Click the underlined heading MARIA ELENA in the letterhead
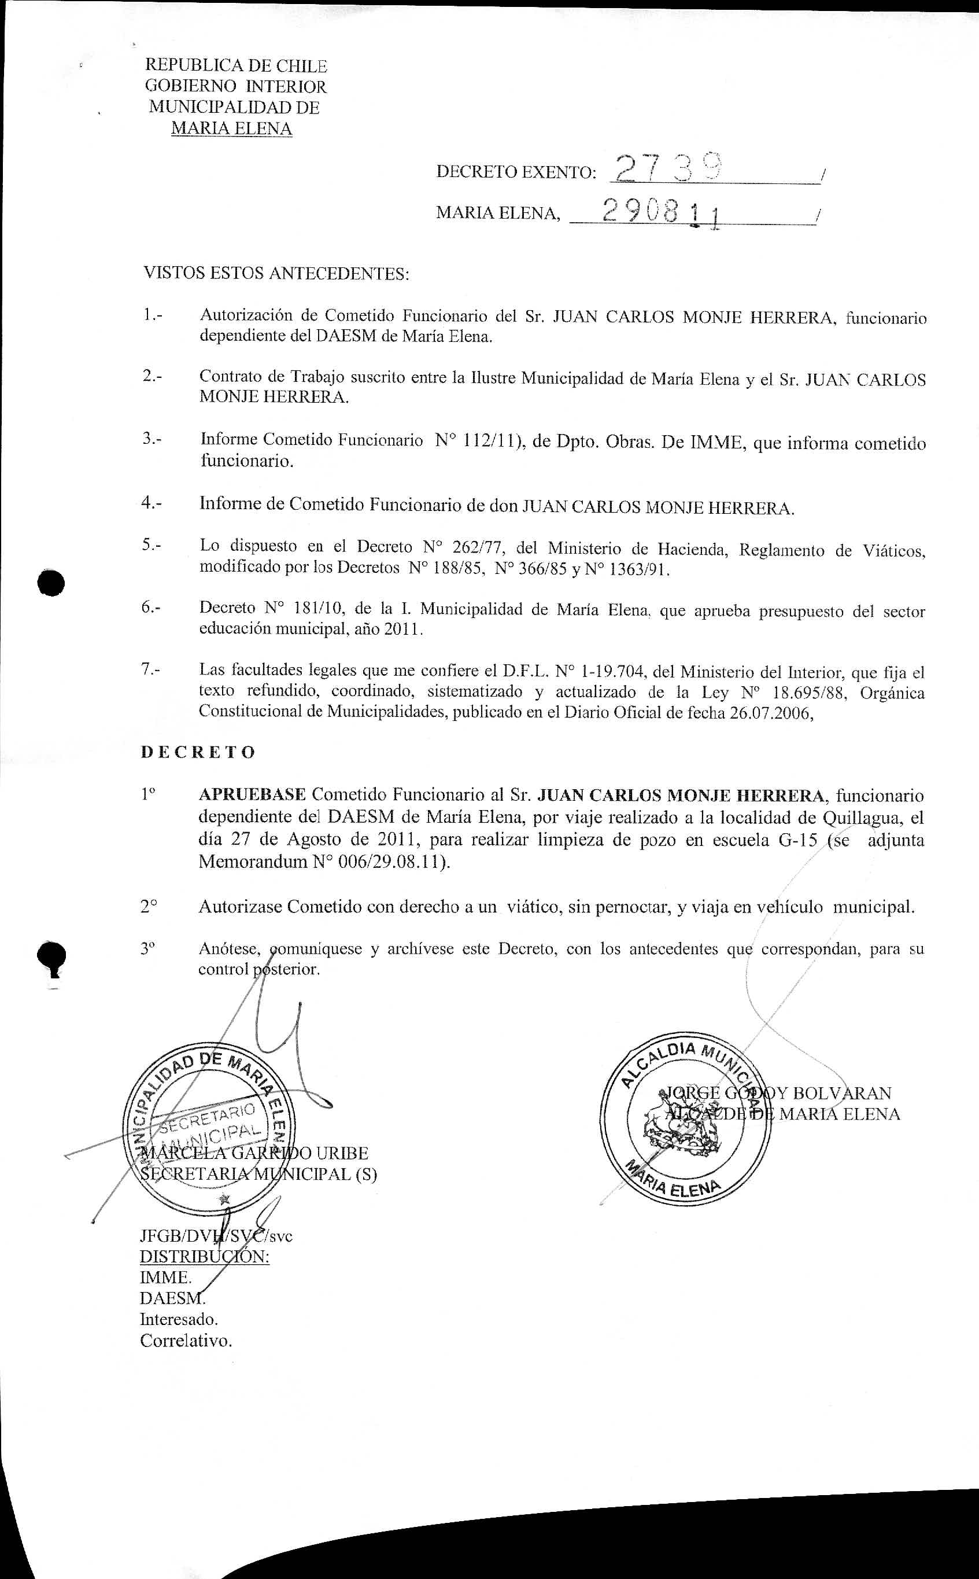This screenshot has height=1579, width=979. pyautogui.click(x=231, y=128)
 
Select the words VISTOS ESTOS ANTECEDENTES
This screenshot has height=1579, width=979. pyautogui.click(x=276, y=273)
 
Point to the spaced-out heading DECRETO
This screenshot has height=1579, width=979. pyautogui.click(x=198, y=752)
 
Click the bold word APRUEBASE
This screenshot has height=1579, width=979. pyautogui.click(x=252, y=794)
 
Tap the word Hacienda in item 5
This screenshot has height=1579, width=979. pyautogui.click(x=693, y=549)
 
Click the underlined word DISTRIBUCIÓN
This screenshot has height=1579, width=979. pyautogui.click(x=205, y=1257)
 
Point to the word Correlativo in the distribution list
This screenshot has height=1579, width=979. pyautogui.click(x=186, y=1341)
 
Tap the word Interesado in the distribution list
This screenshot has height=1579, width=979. pyautogui.click(x=179, y=1319)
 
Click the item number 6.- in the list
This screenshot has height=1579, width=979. pyautogui.click(x=152, y=608)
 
